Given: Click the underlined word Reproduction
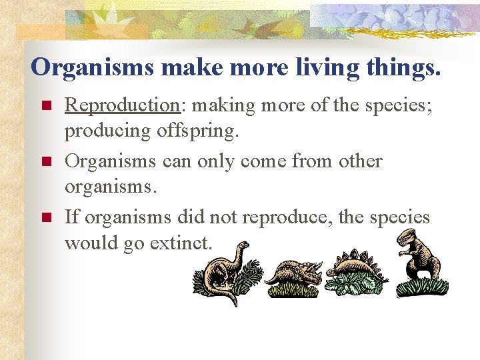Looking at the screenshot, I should pyautogui.click(x=120, y=105).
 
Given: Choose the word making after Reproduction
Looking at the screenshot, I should pyautogui.click(x=217, y=105).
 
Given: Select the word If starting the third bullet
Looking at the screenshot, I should pyautogui.click(x=72, y=217).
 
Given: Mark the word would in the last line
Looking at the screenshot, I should pyautogui.click(x=91, y=243).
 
